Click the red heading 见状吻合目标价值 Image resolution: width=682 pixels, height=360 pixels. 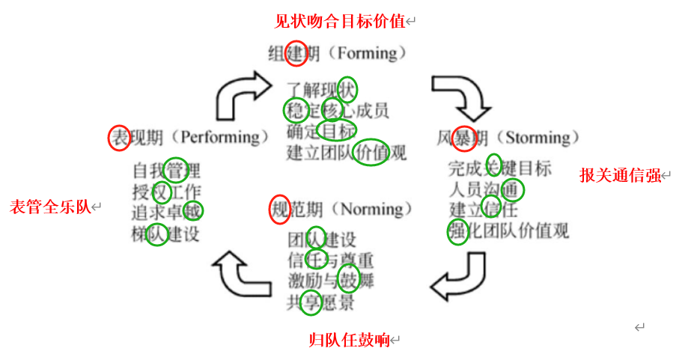point(340,21)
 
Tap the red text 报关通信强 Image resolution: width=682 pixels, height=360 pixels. point(620,175)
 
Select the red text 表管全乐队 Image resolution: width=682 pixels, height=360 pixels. point(49,207)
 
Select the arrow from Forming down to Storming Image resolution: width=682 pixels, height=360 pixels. point(458,96)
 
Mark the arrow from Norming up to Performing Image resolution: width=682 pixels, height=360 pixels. point(240,275)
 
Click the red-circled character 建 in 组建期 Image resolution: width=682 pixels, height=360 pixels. point(296,53)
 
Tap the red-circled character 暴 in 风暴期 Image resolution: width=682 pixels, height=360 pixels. point(464,138)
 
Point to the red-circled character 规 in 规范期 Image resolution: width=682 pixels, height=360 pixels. point(279,209)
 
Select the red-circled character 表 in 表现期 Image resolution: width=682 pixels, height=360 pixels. point(119,138)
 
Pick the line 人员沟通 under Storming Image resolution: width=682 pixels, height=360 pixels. point(483,189)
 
